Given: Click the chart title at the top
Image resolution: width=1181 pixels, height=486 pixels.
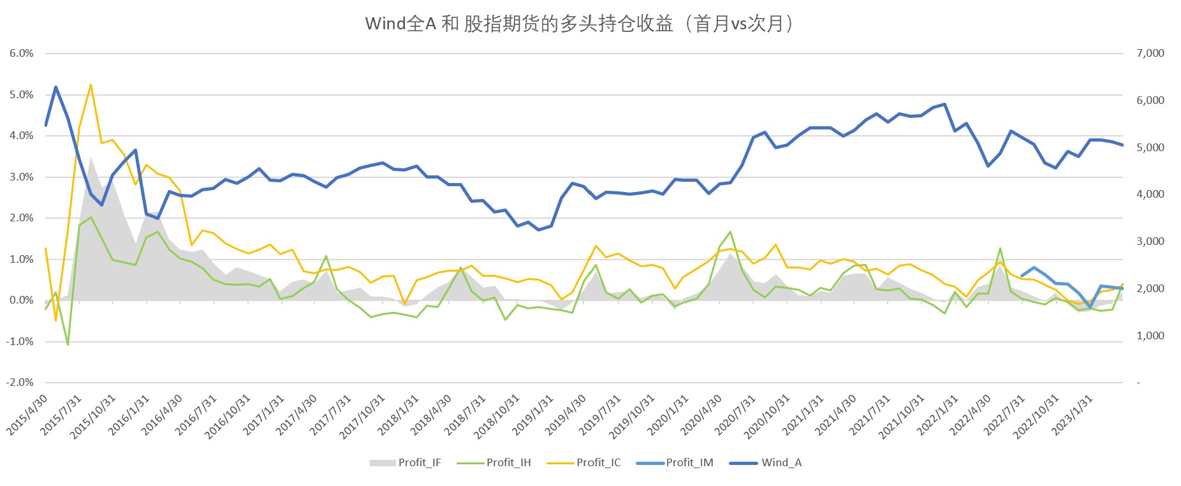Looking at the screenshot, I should pyautogui.click(x=580, y=24).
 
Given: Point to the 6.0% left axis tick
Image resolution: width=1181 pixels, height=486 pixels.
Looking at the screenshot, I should pyautogui.click(x=22, y=54).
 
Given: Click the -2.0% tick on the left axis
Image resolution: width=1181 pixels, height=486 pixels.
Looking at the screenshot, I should pyautogui.click(x=20, y=383).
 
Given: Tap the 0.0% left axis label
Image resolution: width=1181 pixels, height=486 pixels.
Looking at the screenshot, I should pyautogui.click(x=22, y=300).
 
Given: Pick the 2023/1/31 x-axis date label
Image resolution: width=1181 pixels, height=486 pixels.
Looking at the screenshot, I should pyautogui.click(x=1073, y=415).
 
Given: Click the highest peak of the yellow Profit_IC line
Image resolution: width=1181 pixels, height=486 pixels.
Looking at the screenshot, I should pyautogui.click(x=91, y=84).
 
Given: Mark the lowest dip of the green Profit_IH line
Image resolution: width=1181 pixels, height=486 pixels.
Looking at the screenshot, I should pyautogui.click(x=68, y=344).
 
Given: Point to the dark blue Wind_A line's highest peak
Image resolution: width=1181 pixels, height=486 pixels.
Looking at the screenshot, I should pyautogui.click(x=56, y=87).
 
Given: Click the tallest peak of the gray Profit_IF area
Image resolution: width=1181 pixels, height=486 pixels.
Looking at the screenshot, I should pyautogui.click(x=91, y=156).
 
